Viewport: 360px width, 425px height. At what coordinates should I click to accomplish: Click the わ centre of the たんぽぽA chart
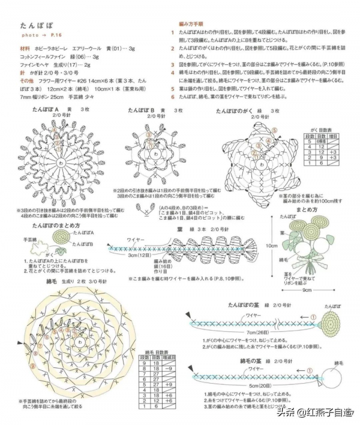click(x=61, y=163)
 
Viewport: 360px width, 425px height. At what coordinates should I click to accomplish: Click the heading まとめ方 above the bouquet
click(x=307, y=209)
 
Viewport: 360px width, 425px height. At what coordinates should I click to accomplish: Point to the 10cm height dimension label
click(x=272, y=246)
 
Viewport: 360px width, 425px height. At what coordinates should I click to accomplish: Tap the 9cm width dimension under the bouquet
click(x=307, y=290)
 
